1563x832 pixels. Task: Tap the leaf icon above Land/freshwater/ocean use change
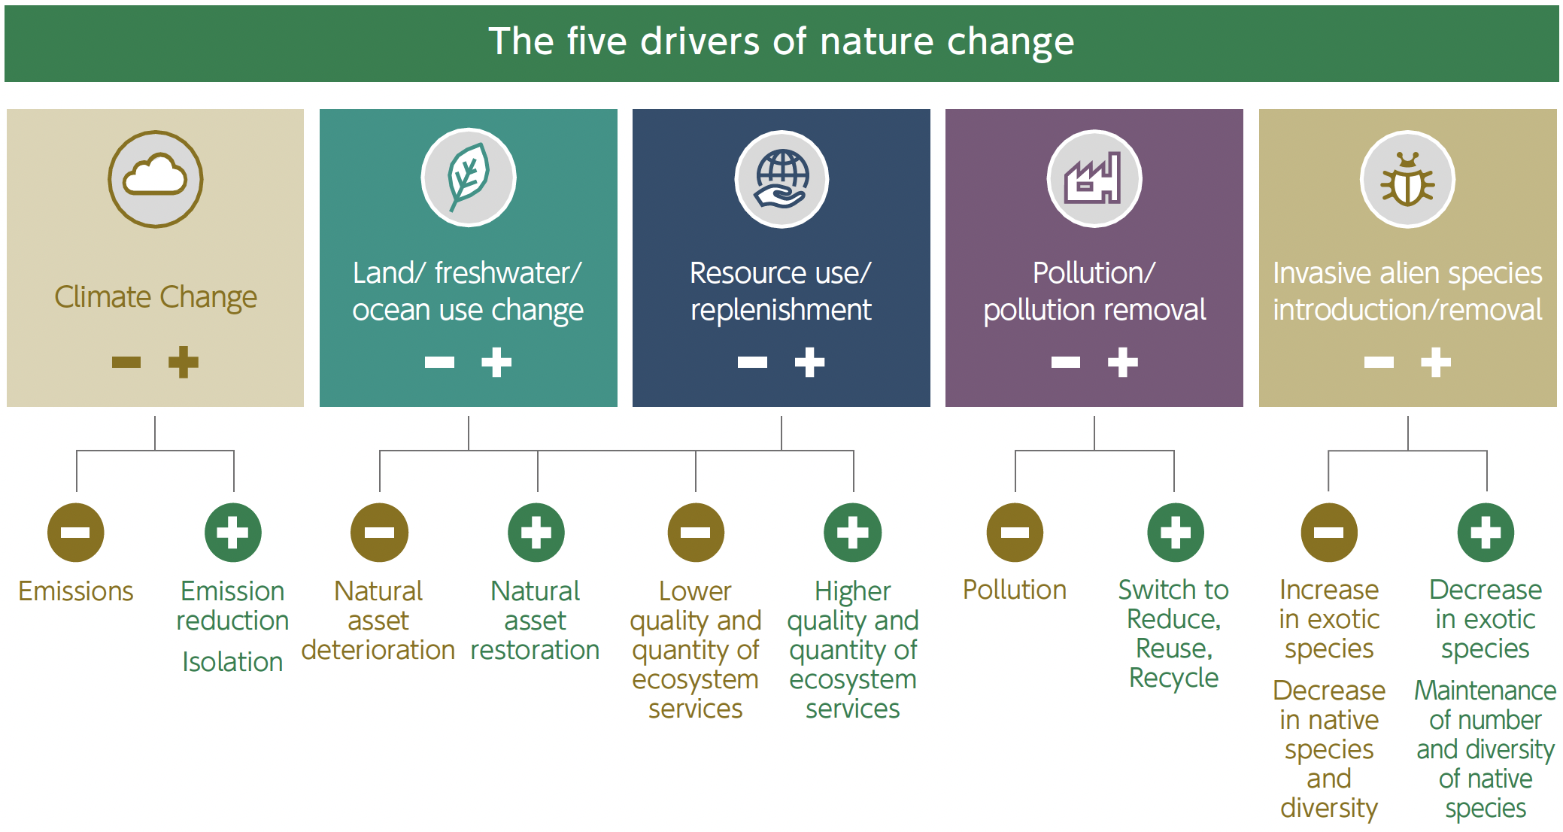point(469,178)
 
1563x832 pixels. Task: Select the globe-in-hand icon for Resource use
point(781,179)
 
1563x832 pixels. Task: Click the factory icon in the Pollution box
point(1094,179)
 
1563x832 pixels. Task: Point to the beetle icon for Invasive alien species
point(1407,179)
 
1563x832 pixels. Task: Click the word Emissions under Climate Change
point(76,591)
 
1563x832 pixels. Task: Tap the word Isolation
point(232,662)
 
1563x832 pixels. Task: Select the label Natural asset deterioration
point(378,621)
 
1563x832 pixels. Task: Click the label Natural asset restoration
point(536,621)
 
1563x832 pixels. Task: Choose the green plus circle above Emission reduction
point(233,533)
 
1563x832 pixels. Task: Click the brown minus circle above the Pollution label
point(1015,533)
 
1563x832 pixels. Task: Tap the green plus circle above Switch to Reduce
point(1175,533)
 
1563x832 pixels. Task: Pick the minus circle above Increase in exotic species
point(1329,533)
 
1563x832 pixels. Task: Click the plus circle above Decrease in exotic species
point(1486,533)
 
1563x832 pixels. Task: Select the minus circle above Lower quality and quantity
point(696,533)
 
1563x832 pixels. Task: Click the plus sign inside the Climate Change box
point(183,363)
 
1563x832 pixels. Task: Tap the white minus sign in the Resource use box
point(752,363)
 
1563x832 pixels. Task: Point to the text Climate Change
point(156,297)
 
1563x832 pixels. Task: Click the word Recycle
point(1173,678)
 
